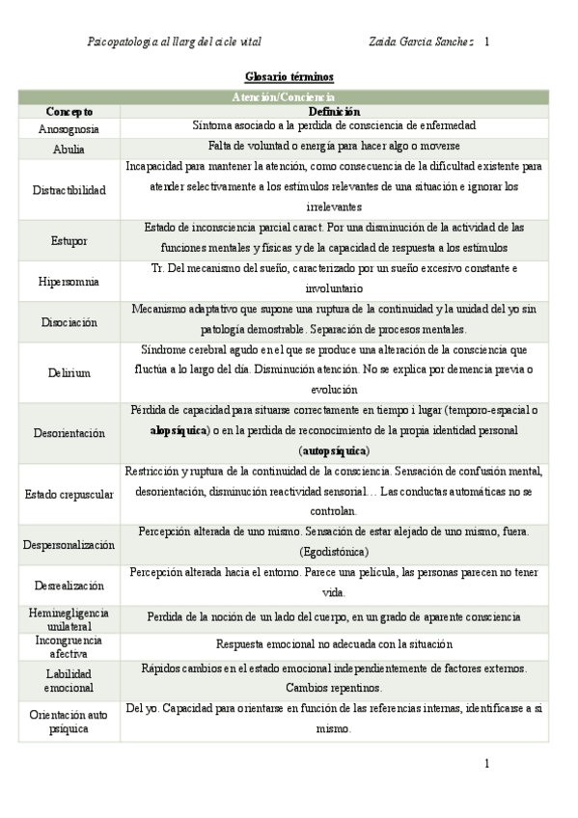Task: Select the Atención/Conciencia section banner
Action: point(284,97)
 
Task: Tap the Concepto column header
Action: point(69,112)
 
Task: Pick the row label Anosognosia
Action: point(69,128)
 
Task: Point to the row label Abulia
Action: point(69,150)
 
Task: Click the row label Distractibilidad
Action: point(69,190)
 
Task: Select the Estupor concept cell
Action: point(69,241)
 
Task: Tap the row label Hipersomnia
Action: point(69,282)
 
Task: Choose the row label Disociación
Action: point(69,322)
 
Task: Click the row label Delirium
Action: point(69,372)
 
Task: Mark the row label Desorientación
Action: point(69,433)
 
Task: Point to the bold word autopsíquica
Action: point(334,450)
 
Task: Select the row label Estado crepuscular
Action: point(69,494)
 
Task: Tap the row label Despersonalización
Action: point(69,544)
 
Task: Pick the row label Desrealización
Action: point(69,585)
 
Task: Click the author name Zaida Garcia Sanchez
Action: point(421,42)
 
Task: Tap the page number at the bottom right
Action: point(487,763)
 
